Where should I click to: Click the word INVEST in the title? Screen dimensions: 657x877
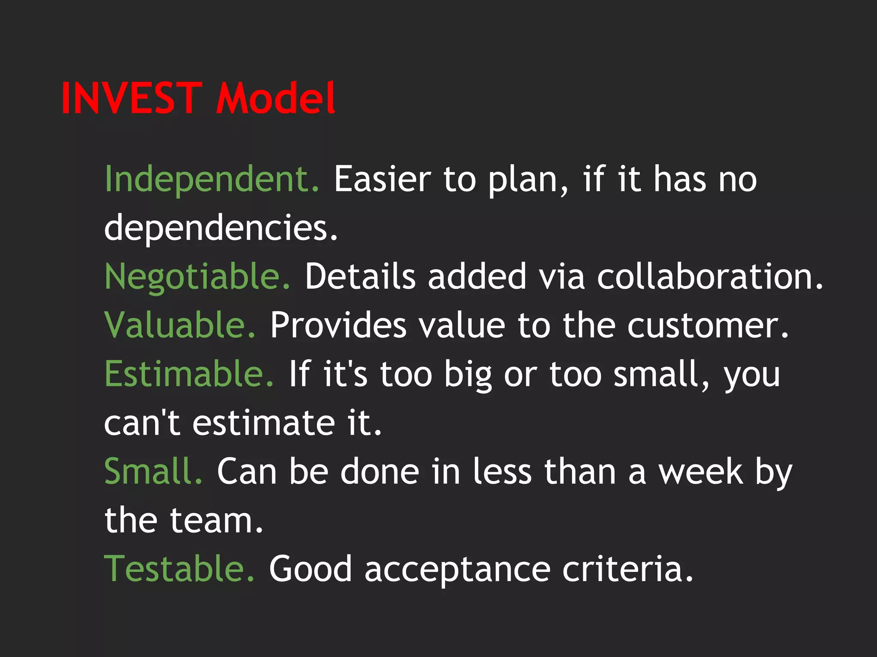click(131, 98)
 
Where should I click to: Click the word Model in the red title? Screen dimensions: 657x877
click(276, 98)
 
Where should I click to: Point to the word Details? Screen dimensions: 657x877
click(360, 277)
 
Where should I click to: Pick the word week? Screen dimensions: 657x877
click(701, 471)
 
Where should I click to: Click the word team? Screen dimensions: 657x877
click(216, 521)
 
